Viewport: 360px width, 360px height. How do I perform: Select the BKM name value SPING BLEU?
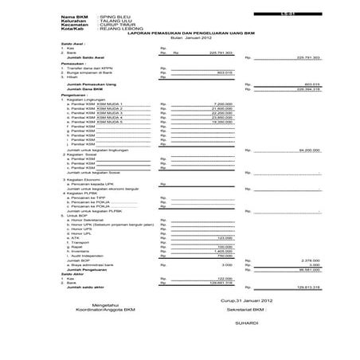(x=114, y=15)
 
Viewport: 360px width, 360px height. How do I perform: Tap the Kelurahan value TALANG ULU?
(x=115, y=20)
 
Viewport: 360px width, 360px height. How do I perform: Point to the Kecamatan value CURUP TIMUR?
(x=115, y=25)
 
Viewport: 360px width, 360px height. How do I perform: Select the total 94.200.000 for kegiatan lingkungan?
(x=306, y=149)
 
